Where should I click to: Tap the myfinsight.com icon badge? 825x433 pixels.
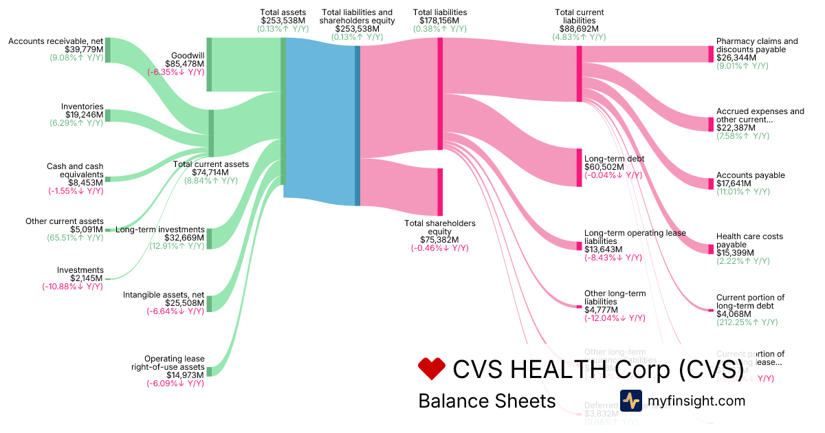(630, 401)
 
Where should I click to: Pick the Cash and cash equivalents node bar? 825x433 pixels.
(107, 179)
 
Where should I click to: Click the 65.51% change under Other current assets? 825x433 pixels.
(76, 230)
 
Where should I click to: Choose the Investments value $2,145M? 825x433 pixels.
(87, 278)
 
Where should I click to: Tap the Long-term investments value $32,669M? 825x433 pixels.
(184, 238)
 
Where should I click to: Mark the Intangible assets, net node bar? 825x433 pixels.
(209, 303)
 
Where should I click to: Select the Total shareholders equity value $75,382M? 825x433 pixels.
(440, 240)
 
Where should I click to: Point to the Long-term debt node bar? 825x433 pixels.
(579, 167)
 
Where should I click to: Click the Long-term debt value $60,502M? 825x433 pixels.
(604, 167)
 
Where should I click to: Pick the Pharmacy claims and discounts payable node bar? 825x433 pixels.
(711, 54)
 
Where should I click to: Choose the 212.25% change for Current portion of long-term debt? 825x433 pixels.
(747, 322)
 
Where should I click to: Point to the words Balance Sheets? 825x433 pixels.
(487, 401)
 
